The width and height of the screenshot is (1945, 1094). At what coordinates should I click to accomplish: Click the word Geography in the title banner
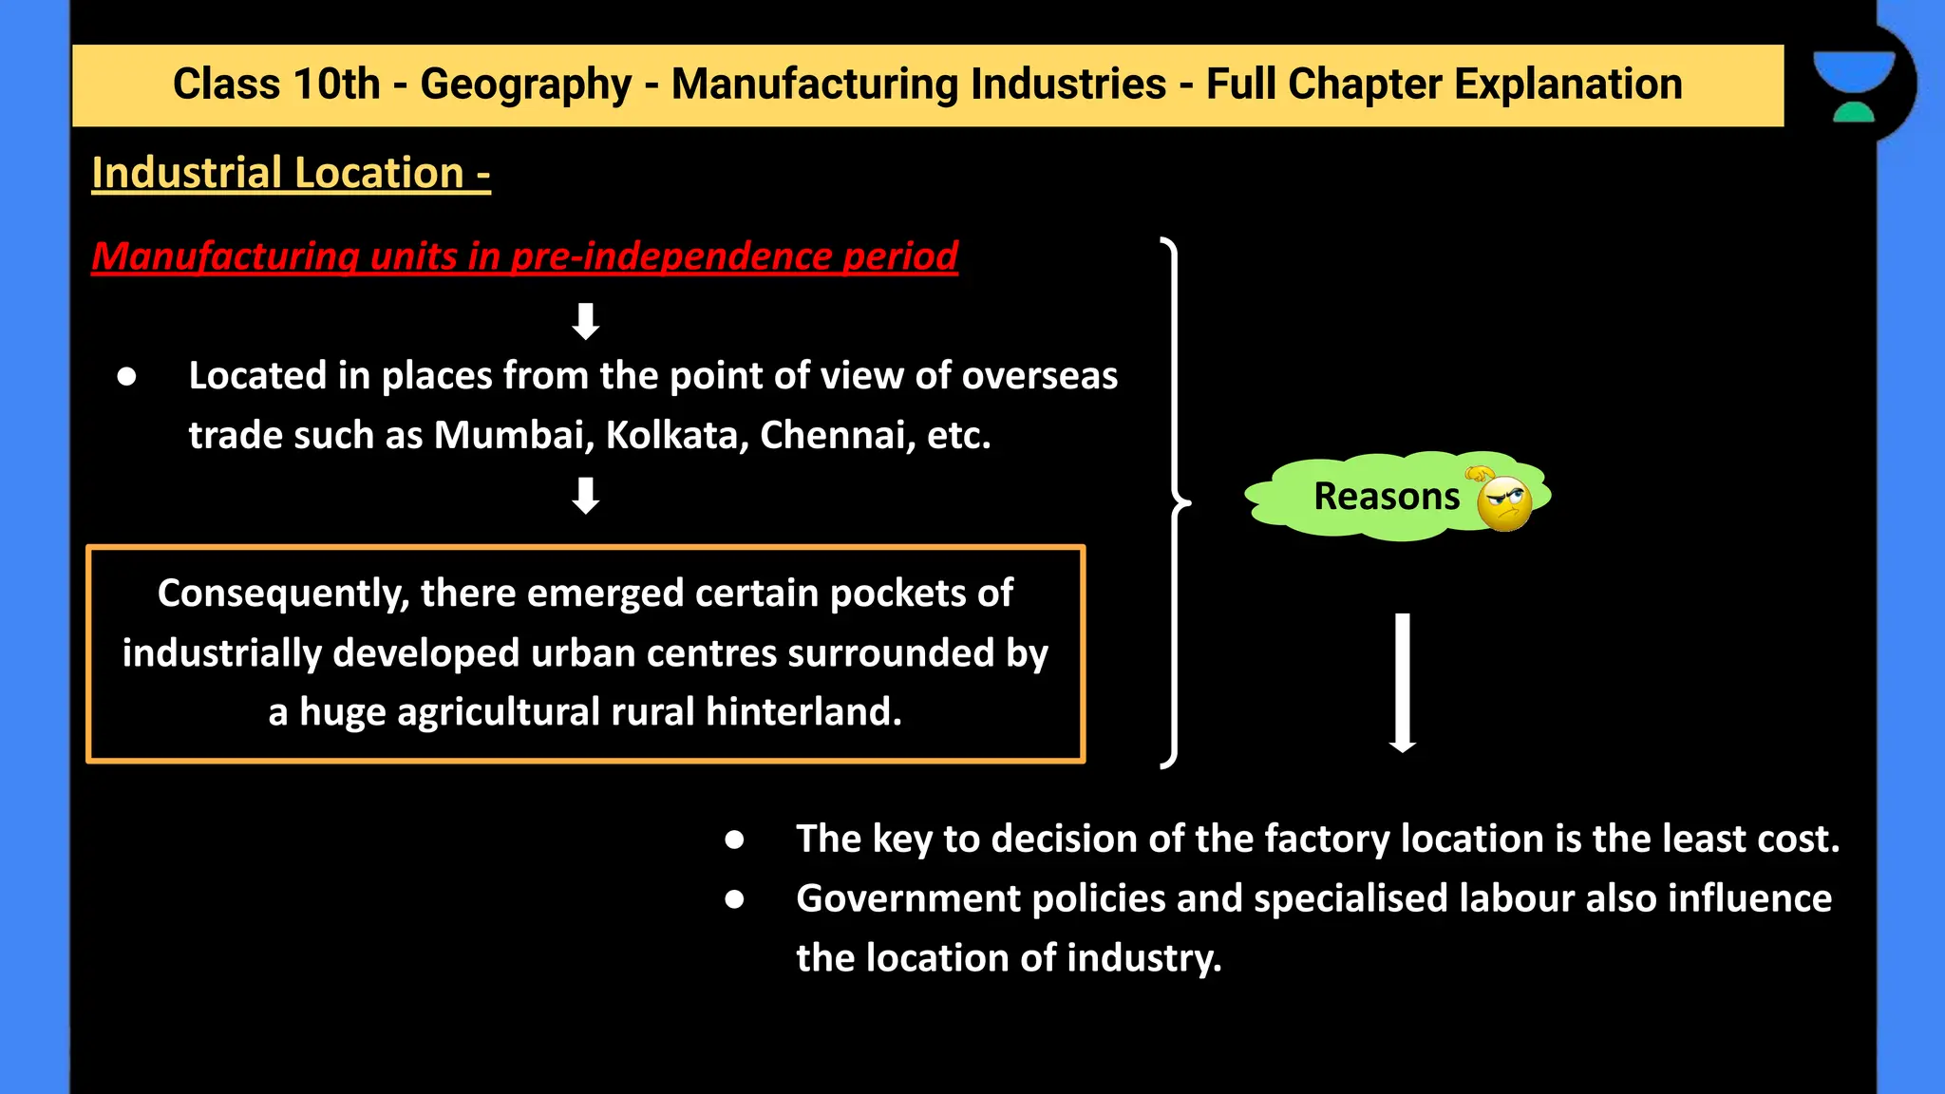click(x=525, y=85)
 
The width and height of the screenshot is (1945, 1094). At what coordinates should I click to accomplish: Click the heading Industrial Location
click(x=291, y=174)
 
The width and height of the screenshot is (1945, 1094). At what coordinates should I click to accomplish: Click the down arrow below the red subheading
click(x=586, y=321)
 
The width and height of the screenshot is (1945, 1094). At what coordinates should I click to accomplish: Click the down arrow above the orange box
click(x=586, y=496)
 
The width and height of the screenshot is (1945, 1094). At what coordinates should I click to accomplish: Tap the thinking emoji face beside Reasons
click(x=1503, y=501)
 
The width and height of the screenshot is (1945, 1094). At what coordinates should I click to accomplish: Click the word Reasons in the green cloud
click(x=1386, y=497)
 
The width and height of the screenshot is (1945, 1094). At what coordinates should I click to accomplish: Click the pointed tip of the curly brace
click(x=1186, y=502)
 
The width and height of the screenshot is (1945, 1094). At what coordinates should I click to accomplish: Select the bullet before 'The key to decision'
click(x=734, y=839)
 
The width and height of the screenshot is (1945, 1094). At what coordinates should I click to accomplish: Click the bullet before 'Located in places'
click(x=127, y=377)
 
